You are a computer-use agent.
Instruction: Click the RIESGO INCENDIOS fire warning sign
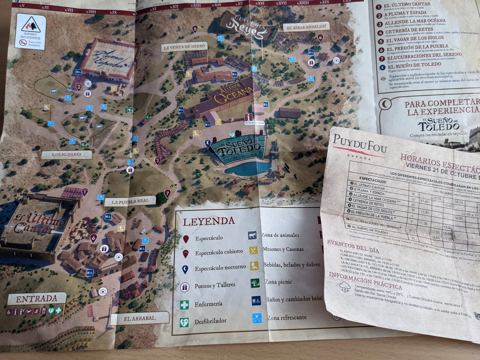(30, 31)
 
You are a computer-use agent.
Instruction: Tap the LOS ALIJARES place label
(67, 154)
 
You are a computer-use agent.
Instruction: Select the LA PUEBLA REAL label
(130, 202)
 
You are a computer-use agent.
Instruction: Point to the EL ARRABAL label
(139, 318)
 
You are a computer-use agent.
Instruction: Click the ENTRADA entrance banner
(37, 299)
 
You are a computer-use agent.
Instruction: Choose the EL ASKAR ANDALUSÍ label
(306, 27)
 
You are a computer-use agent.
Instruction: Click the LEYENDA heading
(208, 222)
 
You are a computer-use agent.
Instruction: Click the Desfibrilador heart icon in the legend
(184, 322)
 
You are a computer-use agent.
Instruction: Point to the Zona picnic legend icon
(255, 283)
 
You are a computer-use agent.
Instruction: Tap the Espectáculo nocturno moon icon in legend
(185, 269)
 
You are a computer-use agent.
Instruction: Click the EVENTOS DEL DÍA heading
(353, 247)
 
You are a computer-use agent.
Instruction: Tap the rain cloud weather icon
(345, 286)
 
